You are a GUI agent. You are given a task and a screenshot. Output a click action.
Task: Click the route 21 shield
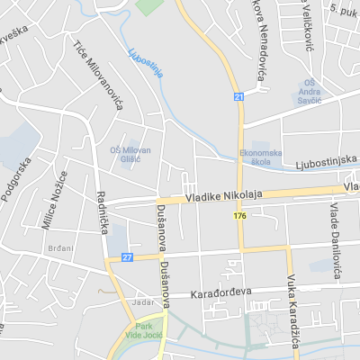(238, 96)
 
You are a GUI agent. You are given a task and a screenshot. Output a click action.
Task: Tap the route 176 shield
(239, 216)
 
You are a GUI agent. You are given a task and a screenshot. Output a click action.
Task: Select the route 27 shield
(127, 257)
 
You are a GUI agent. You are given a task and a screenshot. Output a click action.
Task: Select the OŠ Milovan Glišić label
(130, 154)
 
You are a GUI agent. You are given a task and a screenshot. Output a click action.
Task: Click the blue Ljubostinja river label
(146, 63)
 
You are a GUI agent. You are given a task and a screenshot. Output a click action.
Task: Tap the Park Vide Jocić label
(144, 330)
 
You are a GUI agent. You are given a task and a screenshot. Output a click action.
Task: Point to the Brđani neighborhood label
(60, 247)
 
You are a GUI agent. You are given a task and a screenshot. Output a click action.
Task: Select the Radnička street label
(102, 211)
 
